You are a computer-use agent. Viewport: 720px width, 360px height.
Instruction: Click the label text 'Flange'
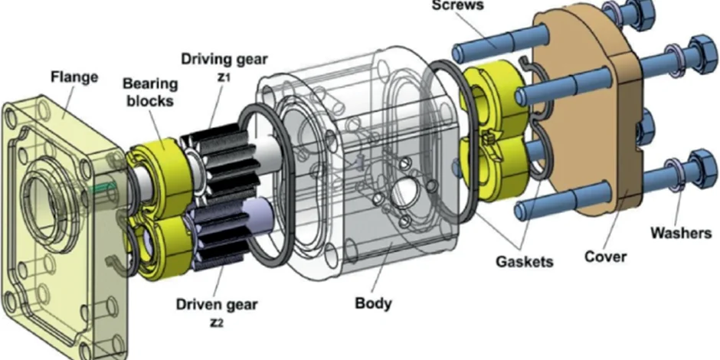coord(74,78)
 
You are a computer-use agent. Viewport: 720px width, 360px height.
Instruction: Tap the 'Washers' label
coord(681,232)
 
